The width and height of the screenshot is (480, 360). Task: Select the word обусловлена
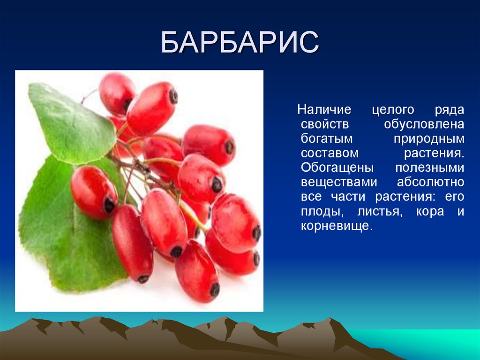tap(424, 125)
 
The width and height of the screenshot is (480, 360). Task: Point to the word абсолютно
tap(430, 183)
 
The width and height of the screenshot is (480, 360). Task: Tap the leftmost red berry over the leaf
tap(93, 192)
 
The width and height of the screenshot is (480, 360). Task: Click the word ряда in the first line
tap(450, 110)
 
